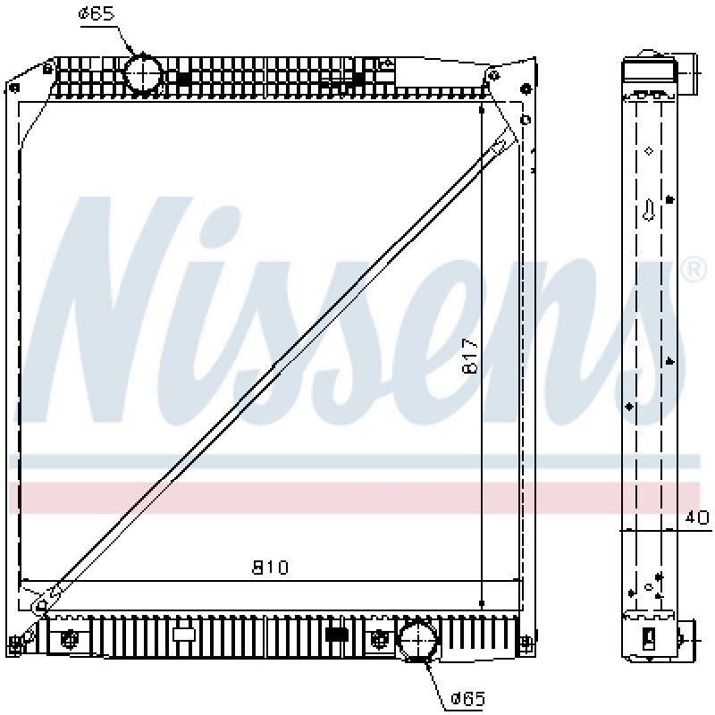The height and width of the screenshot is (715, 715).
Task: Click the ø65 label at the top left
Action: coord(96,13)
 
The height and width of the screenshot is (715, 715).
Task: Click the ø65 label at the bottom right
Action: coord(467,698)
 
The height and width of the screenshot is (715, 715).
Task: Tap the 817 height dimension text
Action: coord(471,356)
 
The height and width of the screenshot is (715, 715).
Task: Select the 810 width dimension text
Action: coord(271,568)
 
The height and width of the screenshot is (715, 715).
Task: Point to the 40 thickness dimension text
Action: coord(698,517)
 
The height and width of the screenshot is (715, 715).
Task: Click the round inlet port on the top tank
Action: coord(144,72)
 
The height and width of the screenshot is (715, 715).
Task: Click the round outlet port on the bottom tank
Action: coord(417,640)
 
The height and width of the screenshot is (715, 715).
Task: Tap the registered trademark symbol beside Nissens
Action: coord(694,271)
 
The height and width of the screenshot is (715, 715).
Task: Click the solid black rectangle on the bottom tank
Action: coord(338,635)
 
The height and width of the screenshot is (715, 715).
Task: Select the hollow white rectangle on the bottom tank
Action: coord(184,635)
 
